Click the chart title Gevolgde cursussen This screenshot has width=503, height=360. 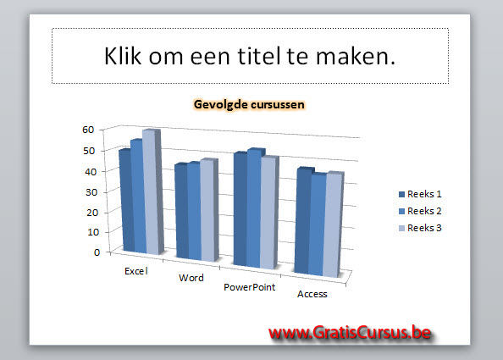(249, 104)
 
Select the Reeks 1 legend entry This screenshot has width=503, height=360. (420, 194)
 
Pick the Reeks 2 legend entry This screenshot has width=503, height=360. (420, 211)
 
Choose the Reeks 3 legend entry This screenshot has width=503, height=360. (420, 228)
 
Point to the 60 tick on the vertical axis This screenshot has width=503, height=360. (88, 130)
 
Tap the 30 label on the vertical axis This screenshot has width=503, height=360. (91, 192)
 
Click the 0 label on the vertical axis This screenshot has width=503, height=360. (97, 252)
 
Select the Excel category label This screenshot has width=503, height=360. (136, 271)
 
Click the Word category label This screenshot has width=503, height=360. (191, 278)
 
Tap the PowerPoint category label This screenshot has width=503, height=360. (250, 287)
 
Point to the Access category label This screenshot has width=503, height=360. (312, 294)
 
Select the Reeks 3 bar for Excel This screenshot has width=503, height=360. (153, 192)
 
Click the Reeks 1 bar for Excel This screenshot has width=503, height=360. (126, 201)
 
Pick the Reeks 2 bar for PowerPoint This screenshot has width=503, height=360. (254, 208)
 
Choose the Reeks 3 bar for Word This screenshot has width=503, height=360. (209, 210)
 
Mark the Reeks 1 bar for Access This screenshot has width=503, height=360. (302, 221)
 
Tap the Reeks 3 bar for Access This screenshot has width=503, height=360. (333, 224)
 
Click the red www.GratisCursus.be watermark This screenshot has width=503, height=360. (351, 332)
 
